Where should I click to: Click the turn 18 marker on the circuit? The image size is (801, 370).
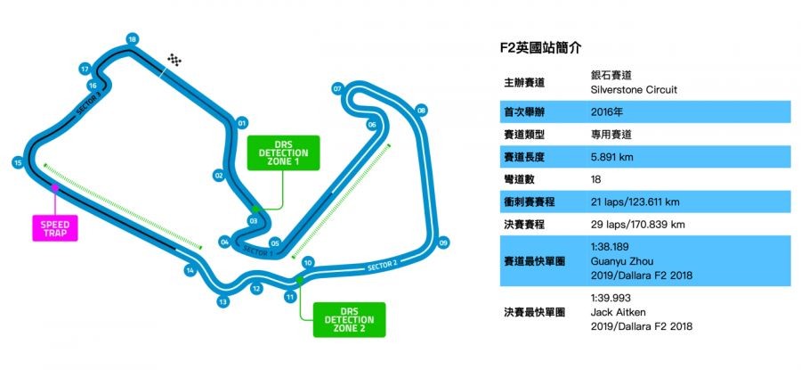(132, 39)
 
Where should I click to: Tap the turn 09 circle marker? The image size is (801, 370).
(443, 242)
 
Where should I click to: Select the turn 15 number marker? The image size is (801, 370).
(17, 162)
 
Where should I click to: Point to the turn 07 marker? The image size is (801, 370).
(337, 89)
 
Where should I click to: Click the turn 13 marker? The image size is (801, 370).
(222, 302)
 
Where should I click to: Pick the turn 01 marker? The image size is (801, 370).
(241, 123)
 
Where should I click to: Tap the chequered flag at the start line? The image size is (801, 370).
(175, 61)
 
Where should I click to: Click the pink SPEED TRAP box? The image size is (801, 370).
(55, 227)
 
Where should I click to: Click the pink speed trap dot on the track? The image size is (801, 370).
(55, 188)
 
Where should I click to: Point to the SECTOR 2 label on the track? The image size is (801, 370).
(381, 264)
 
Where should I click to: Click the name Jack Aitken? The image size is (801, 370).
(616, 313)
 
